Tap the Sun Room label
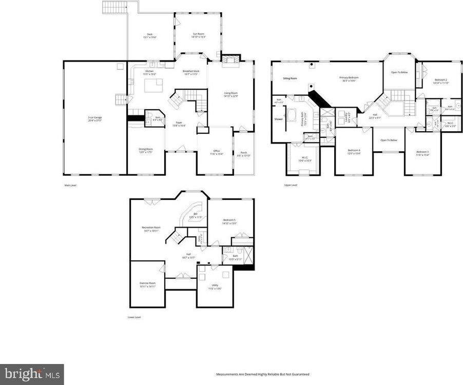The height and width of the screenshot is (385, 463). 199,35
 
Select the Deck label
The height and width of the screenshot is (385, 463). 149,35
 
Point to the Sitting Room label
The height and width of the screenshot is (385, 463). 290,78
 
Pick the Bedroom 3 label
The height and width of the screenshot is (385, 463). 422,153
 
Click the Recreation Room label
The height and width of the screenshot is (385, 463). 151,229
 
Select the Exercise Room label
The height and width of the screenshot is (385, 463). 147,284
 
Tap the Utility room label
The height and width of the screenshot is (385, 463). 215,287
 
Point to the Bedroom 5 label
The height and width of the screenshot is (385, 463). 229,220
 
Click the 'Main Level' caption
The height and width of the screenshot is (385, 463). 70,185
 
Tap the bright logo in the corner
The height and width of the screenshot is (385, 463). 32,374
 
